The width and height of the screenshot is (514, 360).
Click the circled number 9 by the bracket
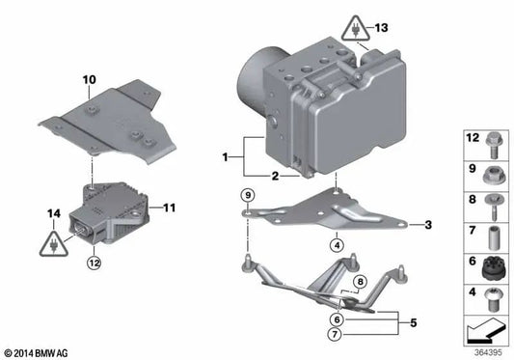248,197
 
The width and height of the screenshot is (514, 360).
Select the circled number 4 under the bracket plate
337,245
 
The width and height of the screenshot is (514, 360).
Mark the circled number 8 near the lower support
358,282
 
